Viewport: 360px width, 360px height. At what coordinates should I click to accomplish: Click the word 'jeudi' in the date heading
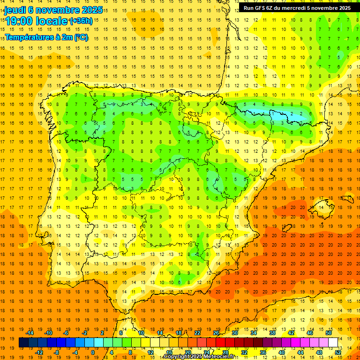pyautogui.click(x=15, y=10)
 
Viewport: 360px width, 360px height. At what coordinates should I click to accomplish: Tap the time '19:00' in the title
pyautogui.click(x=19, y=22)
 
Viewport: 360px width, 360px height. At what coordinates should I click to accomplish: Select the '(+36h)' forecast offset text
pyautogui.click(x=81, y=21)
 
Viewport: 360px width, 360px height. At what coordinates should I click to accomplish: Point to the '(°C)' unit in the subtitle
pyautogui.click(x=80, y=37)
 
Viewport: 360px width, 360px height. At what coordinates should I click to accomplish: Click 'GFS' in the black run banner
pyautogui.click(x=263, y=8)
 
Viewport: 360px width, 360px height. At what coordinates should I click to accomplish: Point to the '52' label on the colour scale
pyautogui.click(x=337, y=352)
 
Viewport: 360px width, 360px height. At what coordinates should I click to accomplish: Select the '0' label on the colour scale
pyautogui.click(x=93, y=352)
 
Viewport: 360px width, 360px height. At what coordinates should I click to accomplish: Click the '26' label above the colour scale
pyautogui.click(x=216, y=333)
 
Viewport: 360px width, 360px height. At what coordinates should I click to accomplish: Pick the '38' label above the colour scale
pyautogui.click(x=272, y=333)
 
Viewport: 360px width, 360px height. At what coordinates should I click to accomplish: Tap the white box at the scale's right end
pyautogui.click(x=333, y=342)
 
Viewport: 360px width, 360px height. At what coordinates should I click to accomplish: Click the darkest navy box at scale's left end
pyautogui.click(x=23, y=342)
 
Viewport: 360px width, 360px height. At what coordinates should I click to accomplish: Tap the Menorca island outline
pyautogui.click(x=347, y=199)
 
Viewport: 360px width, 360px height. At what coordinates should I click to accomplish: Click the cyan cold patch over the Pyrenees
pyautogui.click(x=286, y=114)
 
